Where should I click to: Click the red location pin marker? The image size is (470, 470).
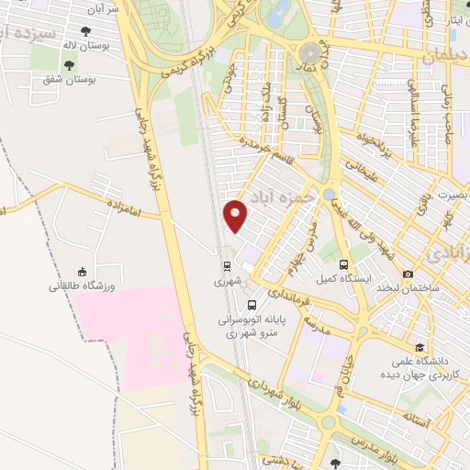click(x=236, y=215)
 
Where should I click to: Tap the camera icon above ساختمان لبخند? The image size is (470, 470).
click(x=408, y=274)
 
